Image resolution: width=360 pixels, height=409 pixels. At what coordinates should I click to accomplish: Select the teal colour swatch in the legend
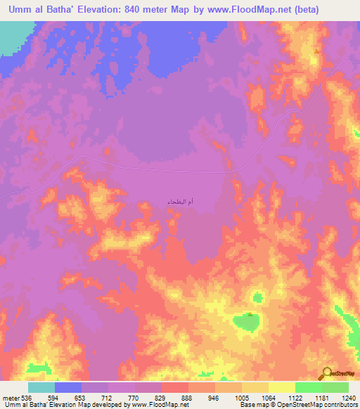coord(41,387)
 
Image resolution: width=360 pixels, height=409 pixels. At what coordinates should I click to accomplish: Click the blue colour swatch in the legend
coord(68,387)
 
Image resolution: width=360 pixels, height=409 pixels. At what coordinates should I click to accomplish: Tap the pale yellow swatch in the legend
coord(281,387)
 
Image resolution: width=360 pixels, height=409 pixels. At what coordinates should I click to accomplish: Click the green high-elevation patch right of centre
coord(247,322)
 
